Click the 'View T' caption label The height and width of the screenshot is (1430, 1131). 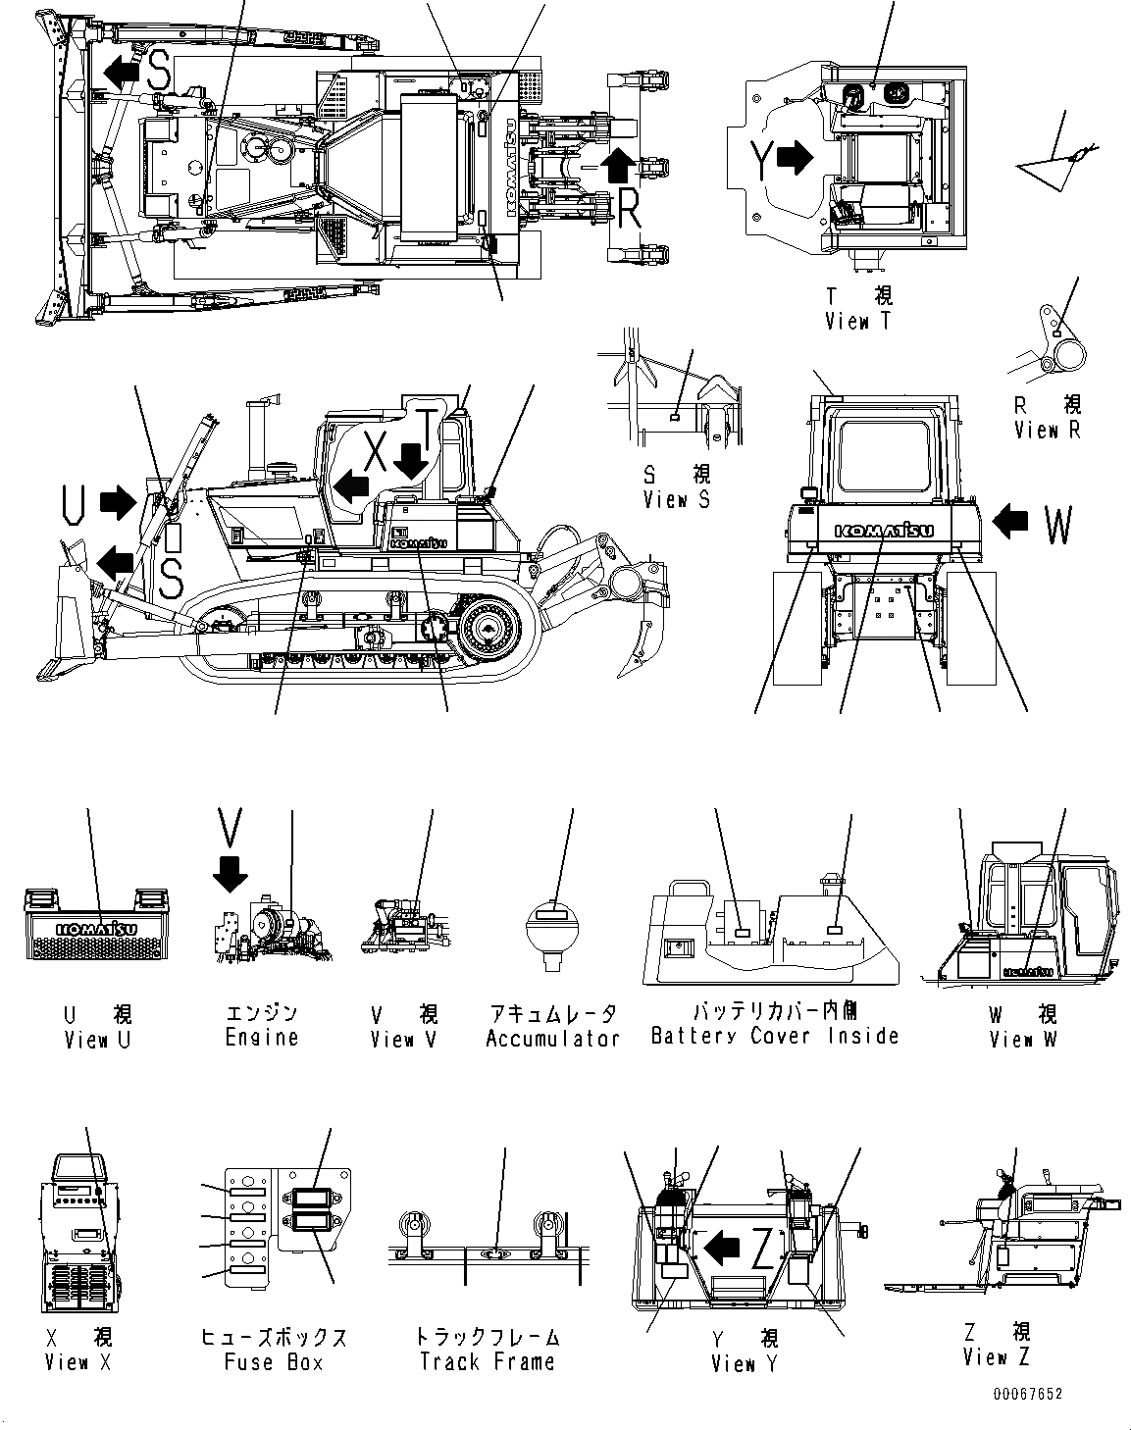click(858, 321)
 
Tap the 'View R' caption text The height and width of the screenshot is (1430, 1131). click(1048, 430)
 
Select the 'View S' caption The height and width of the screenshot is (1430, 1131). click(676, 499)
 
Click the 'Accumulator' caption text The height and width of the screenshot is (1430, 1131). click(552, 1038)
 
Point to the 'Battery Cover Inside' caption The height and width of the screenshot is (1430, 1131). click(775, 1036)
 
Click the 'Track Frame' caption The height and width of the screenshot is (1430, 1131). click(487, 1361)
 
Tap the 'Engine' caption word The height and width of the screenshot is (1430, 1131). click(261, 1038)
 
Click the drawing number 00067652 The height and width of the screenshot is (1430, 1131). click(1026, 1394)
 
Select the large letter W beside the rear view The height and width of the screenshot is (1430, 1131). click(1058, 526)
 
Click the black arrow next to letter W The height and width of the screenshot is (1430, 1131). click(1010, 522)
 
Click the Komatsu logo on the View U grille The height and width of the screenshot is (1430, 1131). click(96, 927)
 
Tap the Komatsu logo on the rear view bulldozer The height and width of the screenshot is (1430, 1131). click(884, 531)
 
